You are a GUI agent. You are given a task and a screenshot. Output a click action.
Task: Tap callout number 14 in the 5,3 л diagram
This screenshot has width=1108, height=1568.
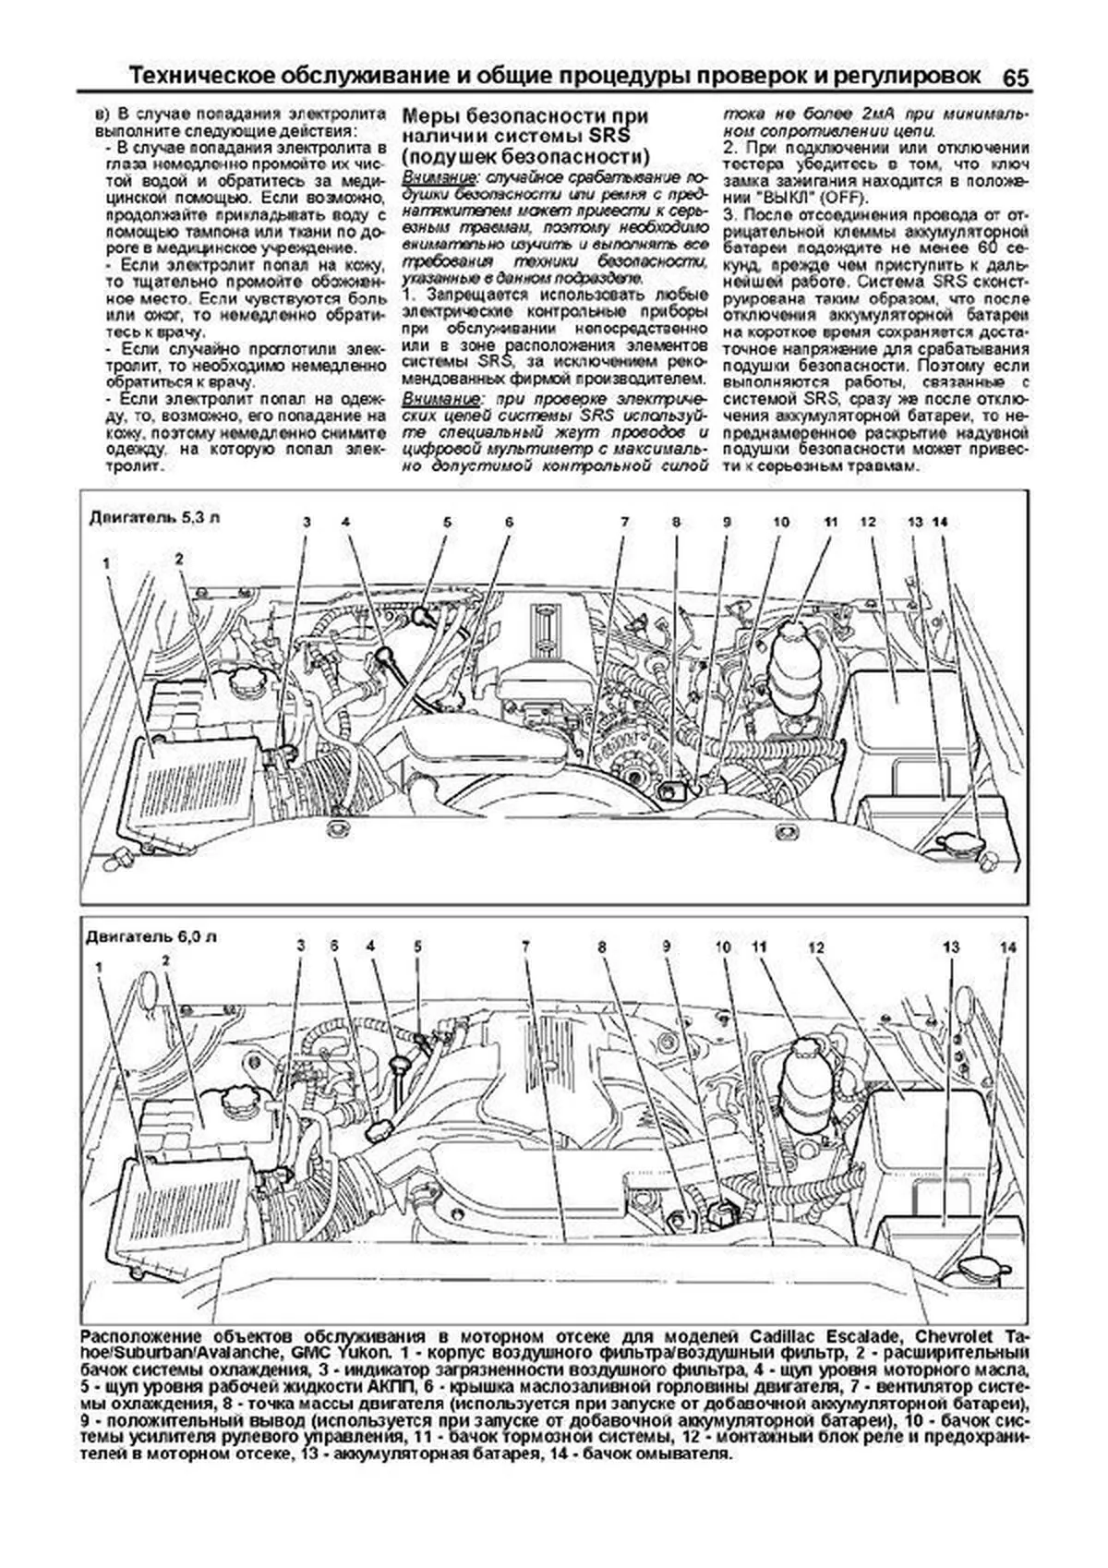coord(940,523)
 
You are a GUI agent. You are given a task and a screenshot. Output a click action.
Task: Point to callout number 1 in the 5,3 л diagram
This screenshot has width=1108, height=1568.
coord(108,562)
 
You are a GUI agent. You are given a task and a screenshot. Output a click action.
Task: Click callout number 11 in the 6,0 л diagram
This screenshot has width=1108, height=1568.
coord(759,947)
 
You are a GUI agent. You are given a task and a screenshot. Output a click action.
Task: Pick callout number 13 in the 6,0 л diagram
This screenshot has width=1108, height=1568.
coord(951,947)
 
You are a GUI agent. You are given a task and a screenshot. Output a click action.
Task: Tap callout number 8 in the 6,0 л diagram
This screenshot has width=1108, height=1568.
coord(602,947)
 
